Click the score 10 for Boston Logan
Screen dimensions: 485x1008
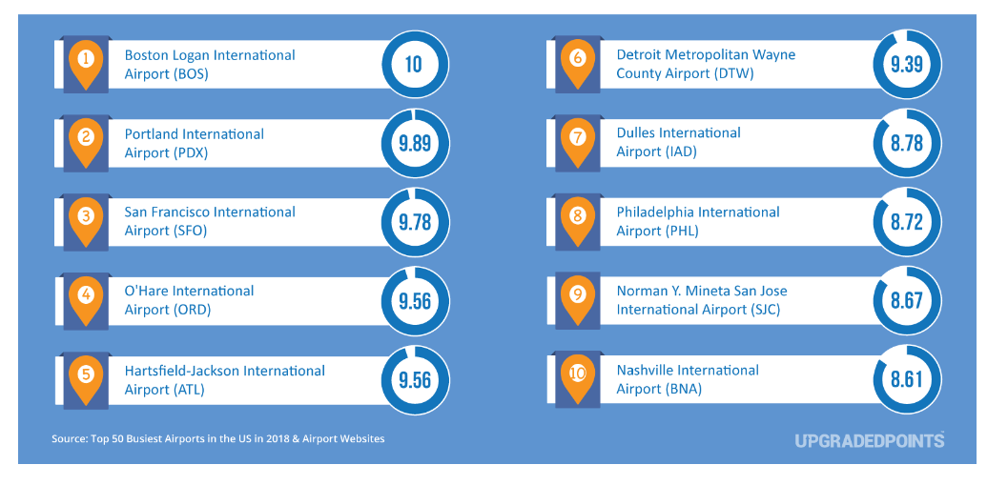(413, 65)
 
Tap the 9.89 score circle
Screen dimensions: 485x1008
(413, 144)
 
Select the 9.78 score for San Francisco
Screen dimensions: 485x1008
(413, 222)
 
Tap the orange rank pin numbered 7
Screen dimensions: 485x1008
(577, 138)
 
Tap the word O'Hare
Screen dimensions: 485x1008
(146, 291)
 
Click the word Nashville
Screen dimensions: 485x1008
(648, 370)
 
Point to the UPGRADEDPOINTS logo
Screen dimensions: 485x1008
(869, 440)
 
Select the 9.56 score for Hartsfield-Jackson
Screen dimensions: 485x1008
(413, 379)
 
